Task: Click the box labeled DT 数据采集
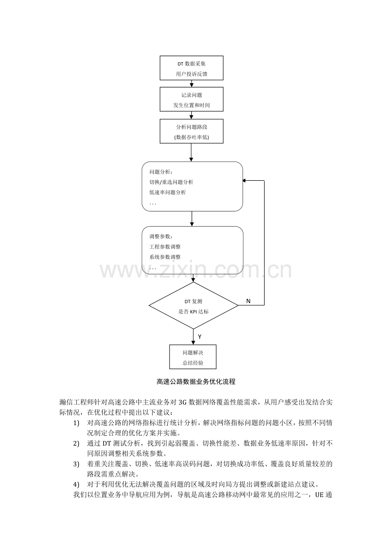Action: coord(191,68)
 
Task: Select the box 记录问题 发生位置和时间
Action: coord(191,99)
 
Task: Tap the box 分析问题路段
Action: coord(191,132)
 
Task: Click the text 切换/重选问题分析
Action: coord(171,182)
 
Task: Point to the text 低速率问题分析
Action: coord(167,192)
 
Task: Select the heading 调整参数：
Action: coord(161,236)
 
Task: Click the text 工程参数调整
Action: coord(165,247)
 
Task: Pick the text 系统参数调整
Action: coord(165,257)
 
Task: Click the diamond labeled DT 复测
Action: coord(193,305)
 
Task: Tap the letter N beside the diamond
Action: coord(248,301)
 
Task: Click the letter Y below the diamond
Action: coord(199,337)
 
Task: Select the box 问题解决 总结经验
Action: coord(193,357)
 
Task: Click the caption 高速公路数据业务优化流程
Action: coord(196,382)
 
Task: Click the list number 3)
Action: coord(76,464)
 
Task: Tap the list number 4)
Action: coord(76,484)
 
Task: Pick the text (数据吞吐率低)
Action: coord(191,137)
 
